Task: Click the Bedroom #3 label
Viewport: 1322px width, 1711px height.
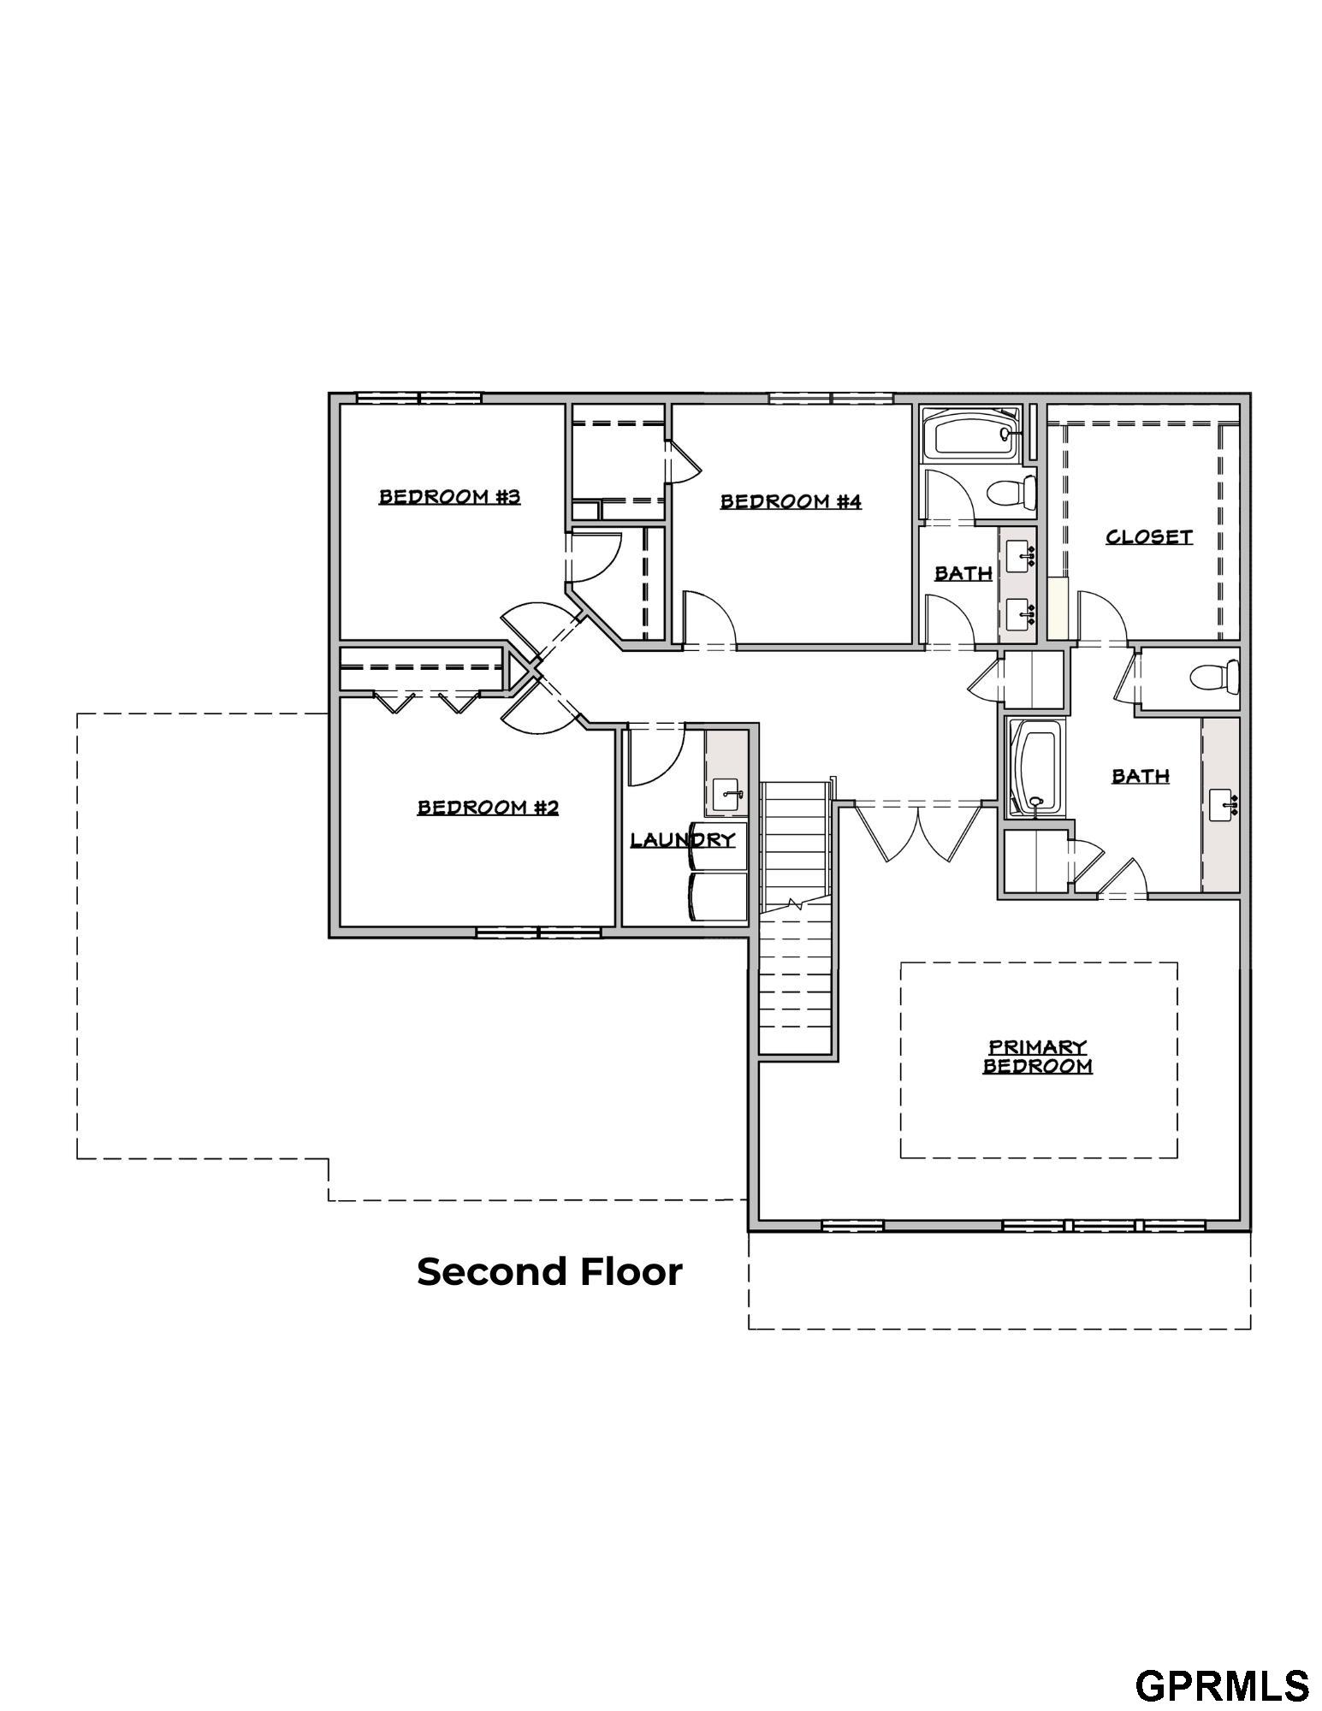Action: click(449, 497)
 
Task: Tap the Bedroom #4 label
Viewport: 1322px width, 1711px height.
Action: click(791, 501)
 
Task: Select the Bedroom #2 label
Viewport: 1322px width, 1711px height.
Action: click(488, 807)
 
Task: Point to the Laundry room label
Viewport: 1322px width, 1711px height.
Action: click(683, 840)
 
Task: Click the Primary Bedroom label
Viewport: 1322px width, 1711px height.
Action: click(1038, 1057)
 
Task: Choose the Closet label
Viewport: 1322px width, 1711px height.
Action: click(1149, 537)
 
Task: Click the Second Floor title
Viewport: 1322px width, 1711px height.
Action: click(549, 1272)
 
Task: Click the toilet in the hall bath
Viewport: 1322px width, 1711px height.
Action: click(1012, 493)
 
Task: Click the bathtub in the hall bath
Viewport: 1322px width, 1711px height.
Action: click(971, 434)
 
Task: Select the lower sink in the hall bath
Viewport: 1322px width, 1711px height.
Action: click(1020, 614)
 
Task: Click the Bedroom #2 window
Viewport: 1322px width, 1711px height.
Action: click(539, 932)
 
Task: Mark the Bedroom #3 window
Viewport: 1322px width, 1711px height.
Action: click(419, 398)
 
